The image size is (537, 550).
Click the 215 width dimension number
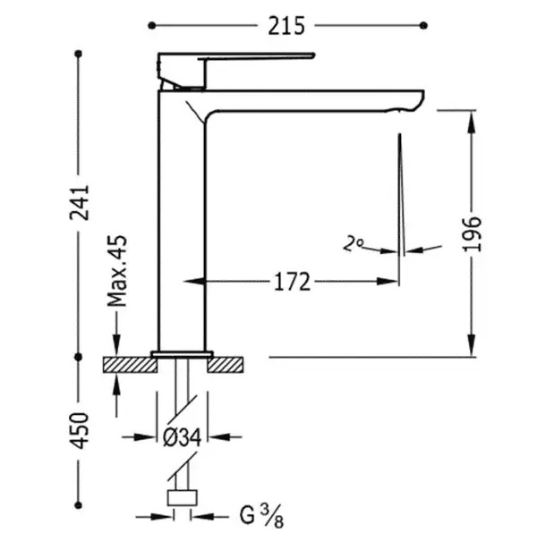[286, 26]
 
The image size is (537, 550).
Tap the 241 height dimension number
[80, 202]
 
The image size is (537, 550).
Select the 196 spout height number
[472, 234]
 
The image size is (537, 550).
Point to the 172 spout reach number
[292, 282]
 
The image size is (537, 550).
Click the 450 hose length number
[80, 430]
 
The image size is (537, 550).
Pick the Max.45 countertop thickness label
[117, 271]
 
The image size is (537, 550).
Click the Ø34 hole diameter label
[183, 437]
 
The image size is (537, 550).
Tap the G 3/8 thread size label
[261, 516]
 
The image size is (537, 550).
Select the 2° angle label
[354, 243]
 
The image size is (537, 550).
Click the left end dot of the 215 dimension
[151, 25]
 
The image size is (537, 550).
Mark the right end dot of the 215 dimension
[423, 25]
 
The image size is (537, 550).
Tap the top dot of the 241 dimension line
[79, 54]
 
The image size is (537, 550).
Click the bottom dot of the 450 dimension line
[79, 505]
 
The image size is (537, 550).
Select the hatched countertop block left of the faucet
[130, 365]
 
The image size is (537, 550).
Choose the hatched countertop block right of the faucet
[225, 365]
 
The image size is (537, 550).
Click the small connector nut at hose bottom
[182, 498]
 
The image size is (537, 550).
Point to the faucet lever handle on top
[236, 71]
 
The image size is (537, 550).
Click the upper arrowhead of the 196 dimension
[472, 121]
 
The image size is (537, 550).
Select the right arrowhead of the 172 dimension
[388, 282]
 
